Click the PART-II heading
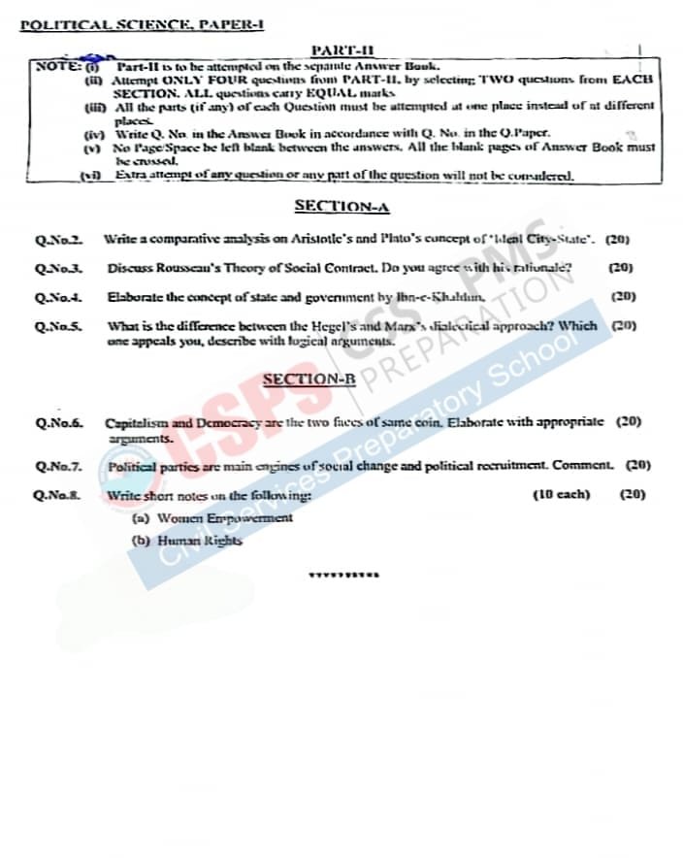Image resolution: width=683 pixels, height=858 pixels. pos(342,49)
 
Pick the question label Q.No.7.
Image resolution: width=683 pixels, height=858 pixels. pos(58,467)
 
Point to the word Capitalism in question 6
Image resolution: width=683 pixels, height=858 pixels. pos(136,423)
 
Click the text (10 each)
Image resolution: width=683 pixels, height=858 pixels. pos(561,495)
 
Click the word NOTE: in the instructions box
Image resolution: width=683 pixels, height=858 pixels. pos(54,66)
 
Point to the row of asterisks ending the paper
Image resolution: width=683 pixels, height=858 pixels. pos(342,575)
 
